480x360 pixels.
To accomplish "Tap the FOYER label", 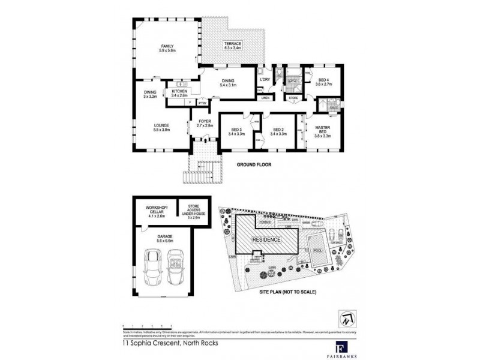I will (x=206, y=123).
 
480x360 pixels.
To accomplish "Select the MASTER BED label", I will (x=322, y=131).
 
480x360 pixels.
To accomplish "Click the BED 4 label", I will (x=323, y=83).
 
